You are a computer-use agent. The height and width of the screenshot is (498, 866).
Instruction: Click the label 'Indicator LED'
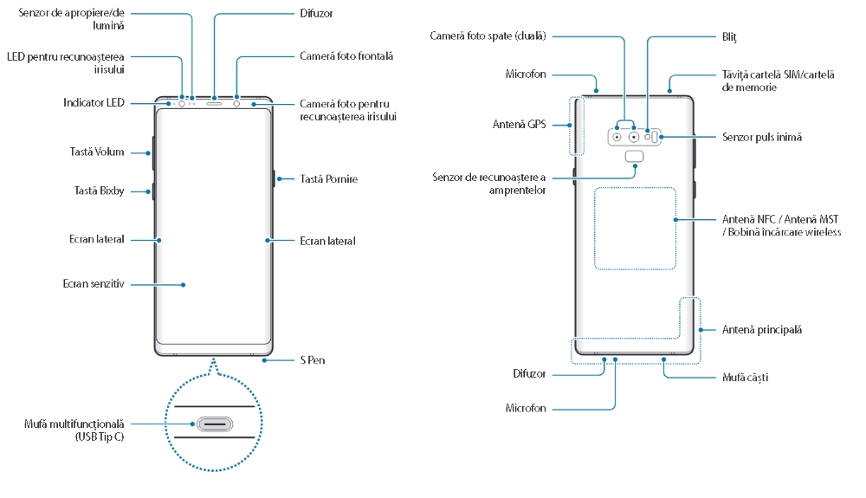click(x=94, y=102)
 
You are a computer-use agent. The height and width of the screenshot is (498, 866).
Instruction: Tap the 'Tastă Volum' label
click(x=97, y=152)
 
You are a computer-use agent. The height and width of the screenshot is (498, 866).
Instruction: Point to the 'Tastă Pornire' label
click(x=328, y=178)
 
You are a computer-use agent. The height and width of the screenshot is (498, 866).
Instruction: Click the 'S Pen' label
click(x=313, y=359)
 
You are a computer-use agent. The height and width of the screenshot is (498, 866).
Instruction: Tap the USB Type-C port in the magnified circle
click(x=213, y=425)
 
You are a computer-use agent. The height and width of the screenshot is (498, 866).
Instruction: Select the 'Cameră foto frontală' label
click(x=346, y=55)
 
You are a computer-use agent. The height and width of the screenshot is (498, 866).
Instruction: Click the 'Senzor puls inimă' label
click(x=762, y=137)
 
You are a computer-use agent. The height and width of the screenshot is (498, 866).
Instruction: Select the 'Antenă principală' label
click(x=762, y=329)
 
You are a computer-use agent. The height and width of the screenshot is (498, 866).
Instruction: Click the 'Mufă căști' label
click(x=746, y=378)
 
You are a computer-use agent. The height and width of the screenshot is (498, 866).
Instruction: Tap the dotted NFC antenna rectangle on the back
click(x=635, y=228)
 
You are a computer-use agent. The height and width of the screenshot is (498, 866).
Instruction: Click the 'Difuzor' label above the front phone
click(x=316, y=14)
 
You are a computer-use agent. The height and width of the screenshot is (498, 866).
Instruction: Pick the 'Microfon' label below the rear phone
click(x=526, y=407)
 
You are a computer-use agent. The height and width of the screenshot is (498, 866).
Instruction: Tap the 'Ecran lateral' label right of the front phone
click(x=327, y=240)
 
